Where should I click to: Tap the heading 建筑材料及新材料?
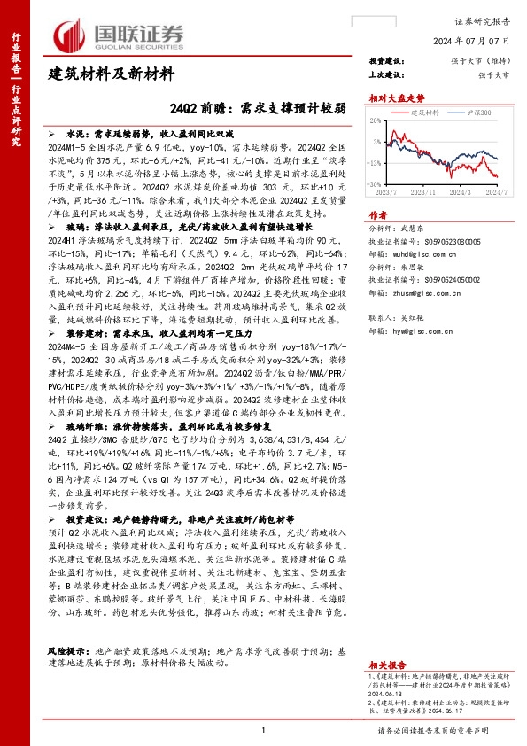coord(111,74)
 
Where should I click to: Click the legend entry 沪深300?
coord(479,113)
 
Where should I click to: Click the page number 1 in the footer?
coord(264,728)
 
